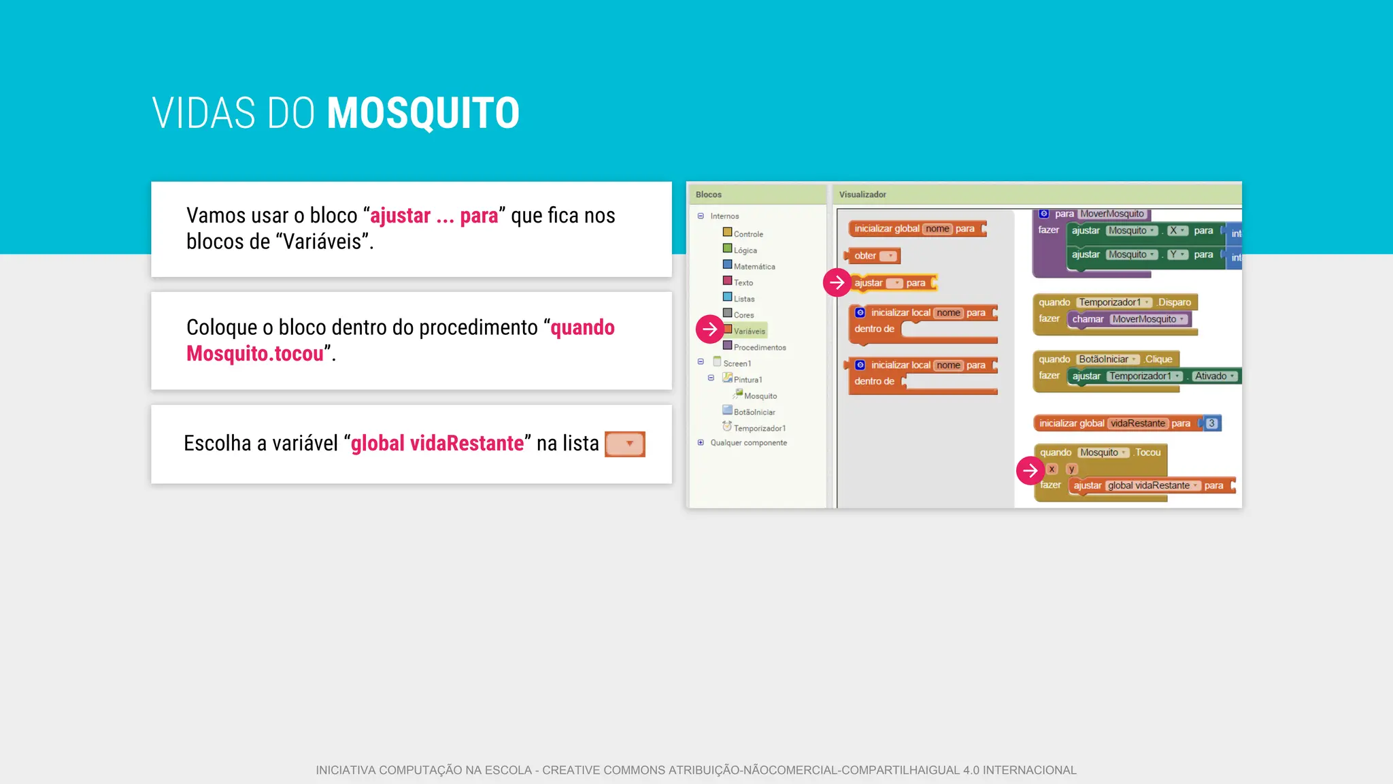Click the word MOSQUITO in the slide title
(x=423, y=113)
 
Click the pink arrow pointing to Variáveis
(x=709, y=329)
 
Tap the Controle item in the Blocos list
(x=748, y=234)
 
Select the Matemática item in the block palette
(x=754, y=267)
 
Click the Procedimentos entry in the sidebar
(x=759, y=348)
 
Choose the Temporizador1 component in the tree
(x=759, y=428)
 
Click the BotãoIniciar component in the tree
(x=754, y=412)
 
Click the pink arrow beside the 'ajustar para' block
(x=837, y=282)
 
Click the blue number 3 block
(x=1211, y=423)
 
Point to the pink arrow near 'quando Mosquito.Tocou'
(x=1030, y=470)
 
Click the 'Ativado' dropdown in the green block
(x=1215, y=376)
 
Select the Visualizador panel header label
(x=862, y=195)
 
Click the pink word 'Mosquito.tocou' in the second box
(x=255, y=354)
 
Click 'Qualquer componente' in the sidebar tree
(x=748, y=443)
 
